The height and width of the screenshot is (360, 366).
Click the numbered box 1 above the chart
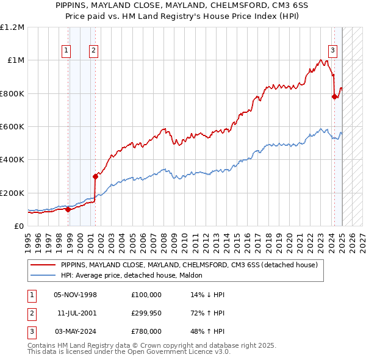coord(65,51)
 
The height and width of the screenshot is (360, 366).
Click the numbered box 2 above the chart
coord(93,51)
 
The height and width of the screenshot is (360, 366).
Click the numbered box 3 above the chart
coord(333,51)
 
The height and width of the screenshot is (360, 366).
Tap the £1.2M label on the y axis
coord(12,27)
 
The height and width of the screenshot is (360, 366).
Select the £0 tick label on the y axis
coord(20,226)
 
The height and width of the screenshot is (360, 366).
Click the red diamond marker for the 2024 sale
coord(334,96)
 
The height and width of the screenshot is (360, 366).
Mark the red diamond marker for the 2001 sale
coord(95,176)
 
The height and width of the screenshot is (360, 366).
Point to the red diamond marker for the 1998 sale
coord(68,209)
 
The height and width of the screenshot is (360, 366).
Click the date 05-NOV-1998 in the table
coord(76,295)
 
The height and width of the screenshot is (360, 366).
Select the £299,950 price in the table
coord(146,313)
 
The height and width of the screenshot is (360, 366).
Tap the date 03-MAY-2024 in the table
coord(76,331)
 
